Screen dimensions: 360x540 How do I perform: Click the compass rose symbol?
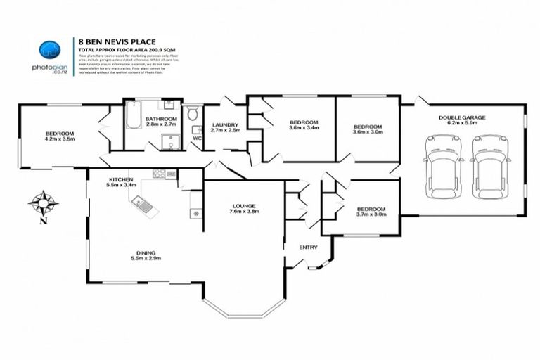pos(43,202)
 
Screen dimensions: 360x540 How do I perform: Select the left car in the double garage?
pos(442,165)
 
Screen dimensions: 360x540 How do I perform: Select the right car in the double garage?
pos(489,165)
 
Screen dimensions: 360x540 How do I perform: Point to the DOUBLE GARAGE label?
pos(462,117)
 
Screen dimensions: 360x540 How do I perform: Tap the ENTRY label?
pos(308,247)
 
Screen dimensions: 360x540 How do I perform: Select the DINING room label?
pos(146,252)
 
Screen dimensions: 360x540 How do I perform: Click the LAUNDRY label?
pos(226,124)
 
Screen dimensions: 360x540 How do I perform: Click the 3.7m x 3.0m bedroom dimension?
pos(370,216)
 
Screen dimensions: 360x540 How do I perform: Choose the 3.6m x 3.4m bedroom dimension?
pos(304,129)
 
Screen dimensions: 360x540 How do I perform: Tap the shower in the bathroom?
pos(167,141)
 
